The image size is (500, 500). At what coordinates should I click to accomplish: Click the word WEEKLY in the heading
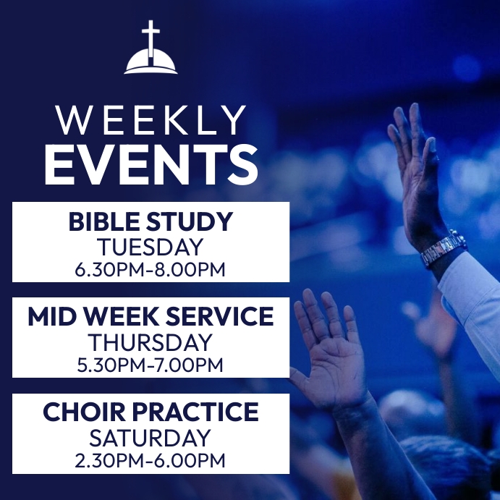click(x=151, y=120)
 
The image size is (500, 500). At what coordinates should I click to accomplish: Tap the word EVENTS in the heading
click(x=151, y=164)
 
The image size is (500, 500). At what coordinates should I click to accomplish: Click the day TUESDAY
click(x=151, y=247)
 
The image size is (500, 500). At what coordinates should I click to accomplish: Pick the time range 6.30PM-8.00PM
click(x=151, y=270)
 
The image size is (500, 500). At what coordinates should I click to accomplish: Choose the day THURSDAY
click(x=151, y=342)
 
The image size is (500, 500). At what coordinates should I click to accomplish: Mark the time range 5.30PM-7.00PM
click(x=151, y=365)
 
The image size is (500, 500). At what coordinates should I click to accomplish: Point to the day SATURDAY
click(x=151, y=438)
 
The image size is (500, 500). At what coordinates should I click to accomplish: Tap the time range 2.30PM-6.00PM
click(x=151, y=460)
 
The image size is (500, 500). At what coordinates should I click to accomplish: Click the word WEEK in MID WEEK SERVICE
click(x=126, y=317)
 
